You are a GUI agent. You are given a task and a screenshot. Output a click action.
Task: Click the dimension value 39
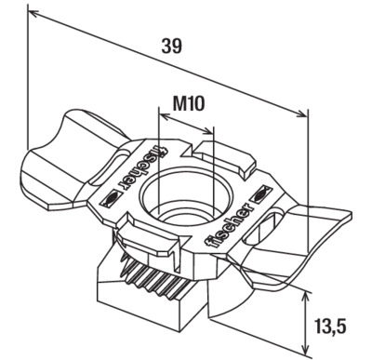coord(171,47)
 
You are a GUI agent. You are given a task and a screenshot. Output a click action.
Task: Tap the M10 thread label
coord(189,103)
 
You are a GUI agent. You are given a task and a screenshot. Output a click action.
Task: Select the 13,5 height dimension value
coord(330,327)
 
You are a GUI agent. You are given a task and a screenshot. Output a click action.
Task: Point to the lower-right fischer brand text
coord(229,225)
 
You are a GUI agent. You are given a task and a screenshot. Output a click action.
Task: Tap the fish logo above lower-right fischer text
coord(260,193)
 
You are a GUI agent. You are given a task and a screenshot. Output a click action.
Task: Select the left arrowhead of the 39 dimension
coord(33,13)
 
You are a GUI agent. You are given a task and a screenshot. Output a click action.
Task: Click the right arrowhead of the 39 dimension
coord(302,113)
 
